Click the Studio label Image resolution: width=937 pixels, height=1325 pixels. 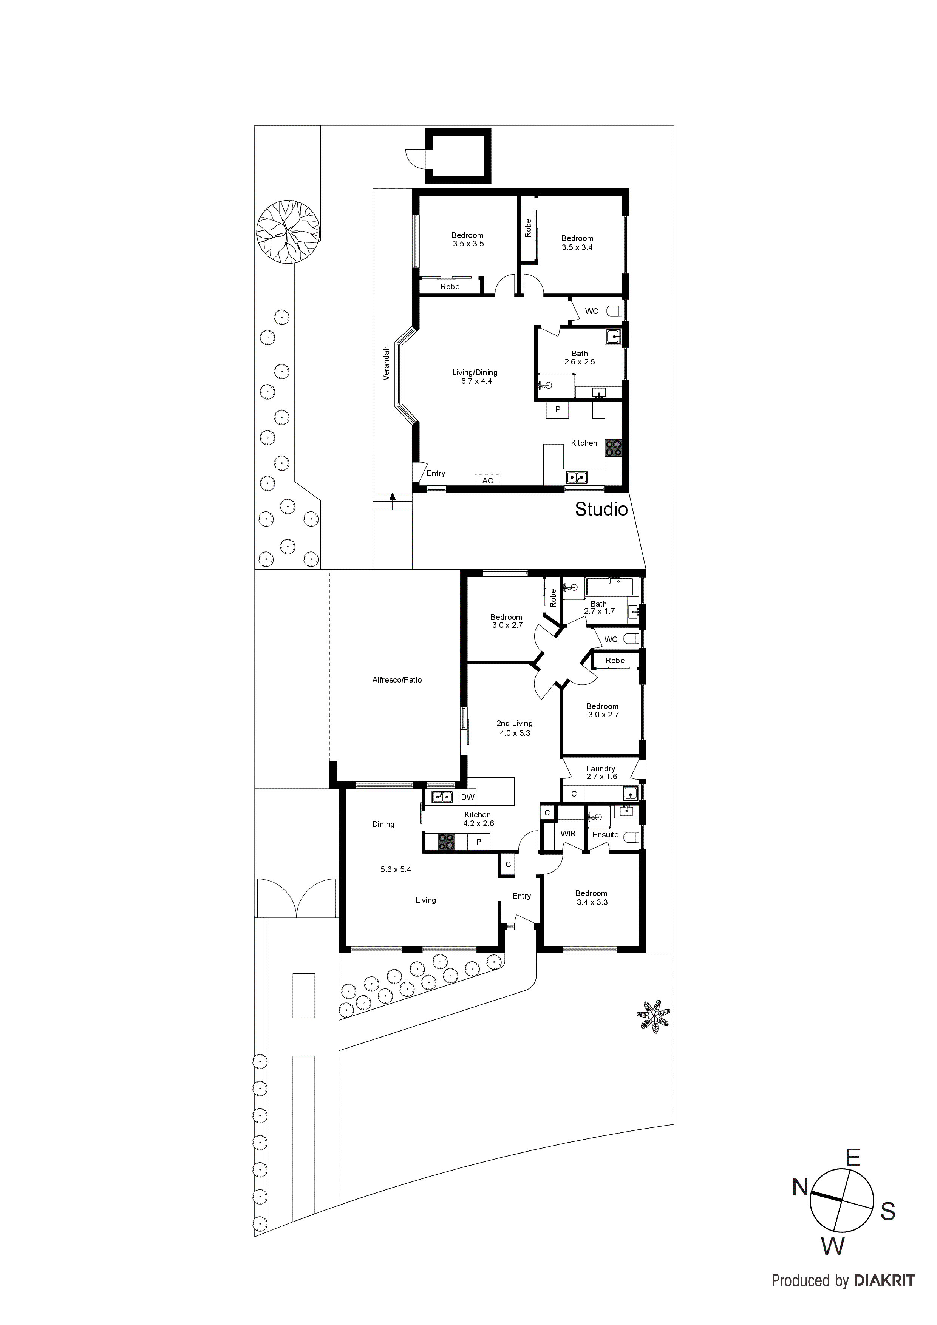pos(601,509)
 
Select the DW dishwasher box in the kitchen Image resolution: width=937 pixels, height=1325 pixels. pos(468,797)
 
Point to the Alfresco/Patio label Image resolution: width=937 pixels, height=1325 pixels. pos(397,680)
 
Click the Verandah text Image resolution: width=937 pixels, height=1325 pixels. pos(386,363)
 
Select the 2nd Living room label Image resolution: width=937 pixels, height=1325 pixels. pos(514,728)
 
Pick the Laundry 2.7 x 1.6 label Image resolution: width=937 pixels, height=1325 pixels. pos(601,772)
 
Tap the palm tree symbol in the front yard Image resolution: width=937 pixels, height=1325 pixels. pos(653,1016)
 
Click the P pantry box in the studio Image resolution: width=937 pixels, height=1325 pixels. pos(558,409)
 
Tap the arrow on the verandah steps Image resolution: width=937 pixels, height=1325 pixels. pos(393,496)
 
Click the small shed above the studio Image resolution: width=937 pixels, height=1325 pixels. pos(458,156)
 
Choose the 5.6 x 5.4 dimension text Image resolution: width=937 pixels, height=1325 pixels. pos(396,869)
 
